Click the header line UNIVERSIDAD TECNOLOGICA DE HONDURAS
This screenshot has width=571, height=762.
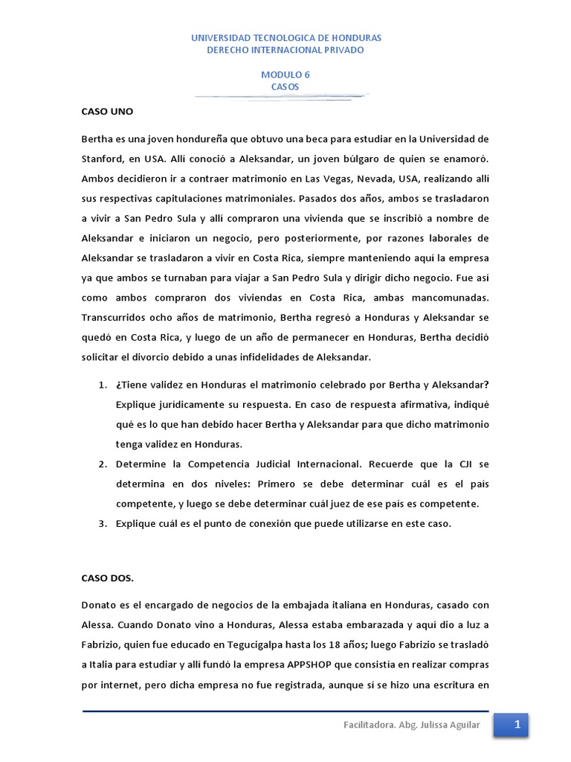tap(285, 37)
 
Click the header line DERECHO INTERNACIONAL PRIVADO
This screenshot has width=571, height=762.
tap(285, 50)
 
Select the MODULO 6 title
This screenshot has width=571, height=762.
tap(285, 75)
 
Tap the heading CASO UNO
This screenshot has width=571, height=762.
tap(106, 111)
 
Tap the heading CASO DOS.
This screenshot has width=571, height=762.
tap(108, 577)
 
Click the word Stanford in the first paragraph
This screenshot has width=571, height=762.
tap(105, 159)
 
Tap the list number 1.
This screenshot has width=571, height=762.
tap(102, 384)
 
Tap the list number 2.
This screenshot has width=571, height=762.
tap(102, 464)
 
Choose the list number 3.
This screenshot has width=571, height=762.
tap(102, 523)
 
